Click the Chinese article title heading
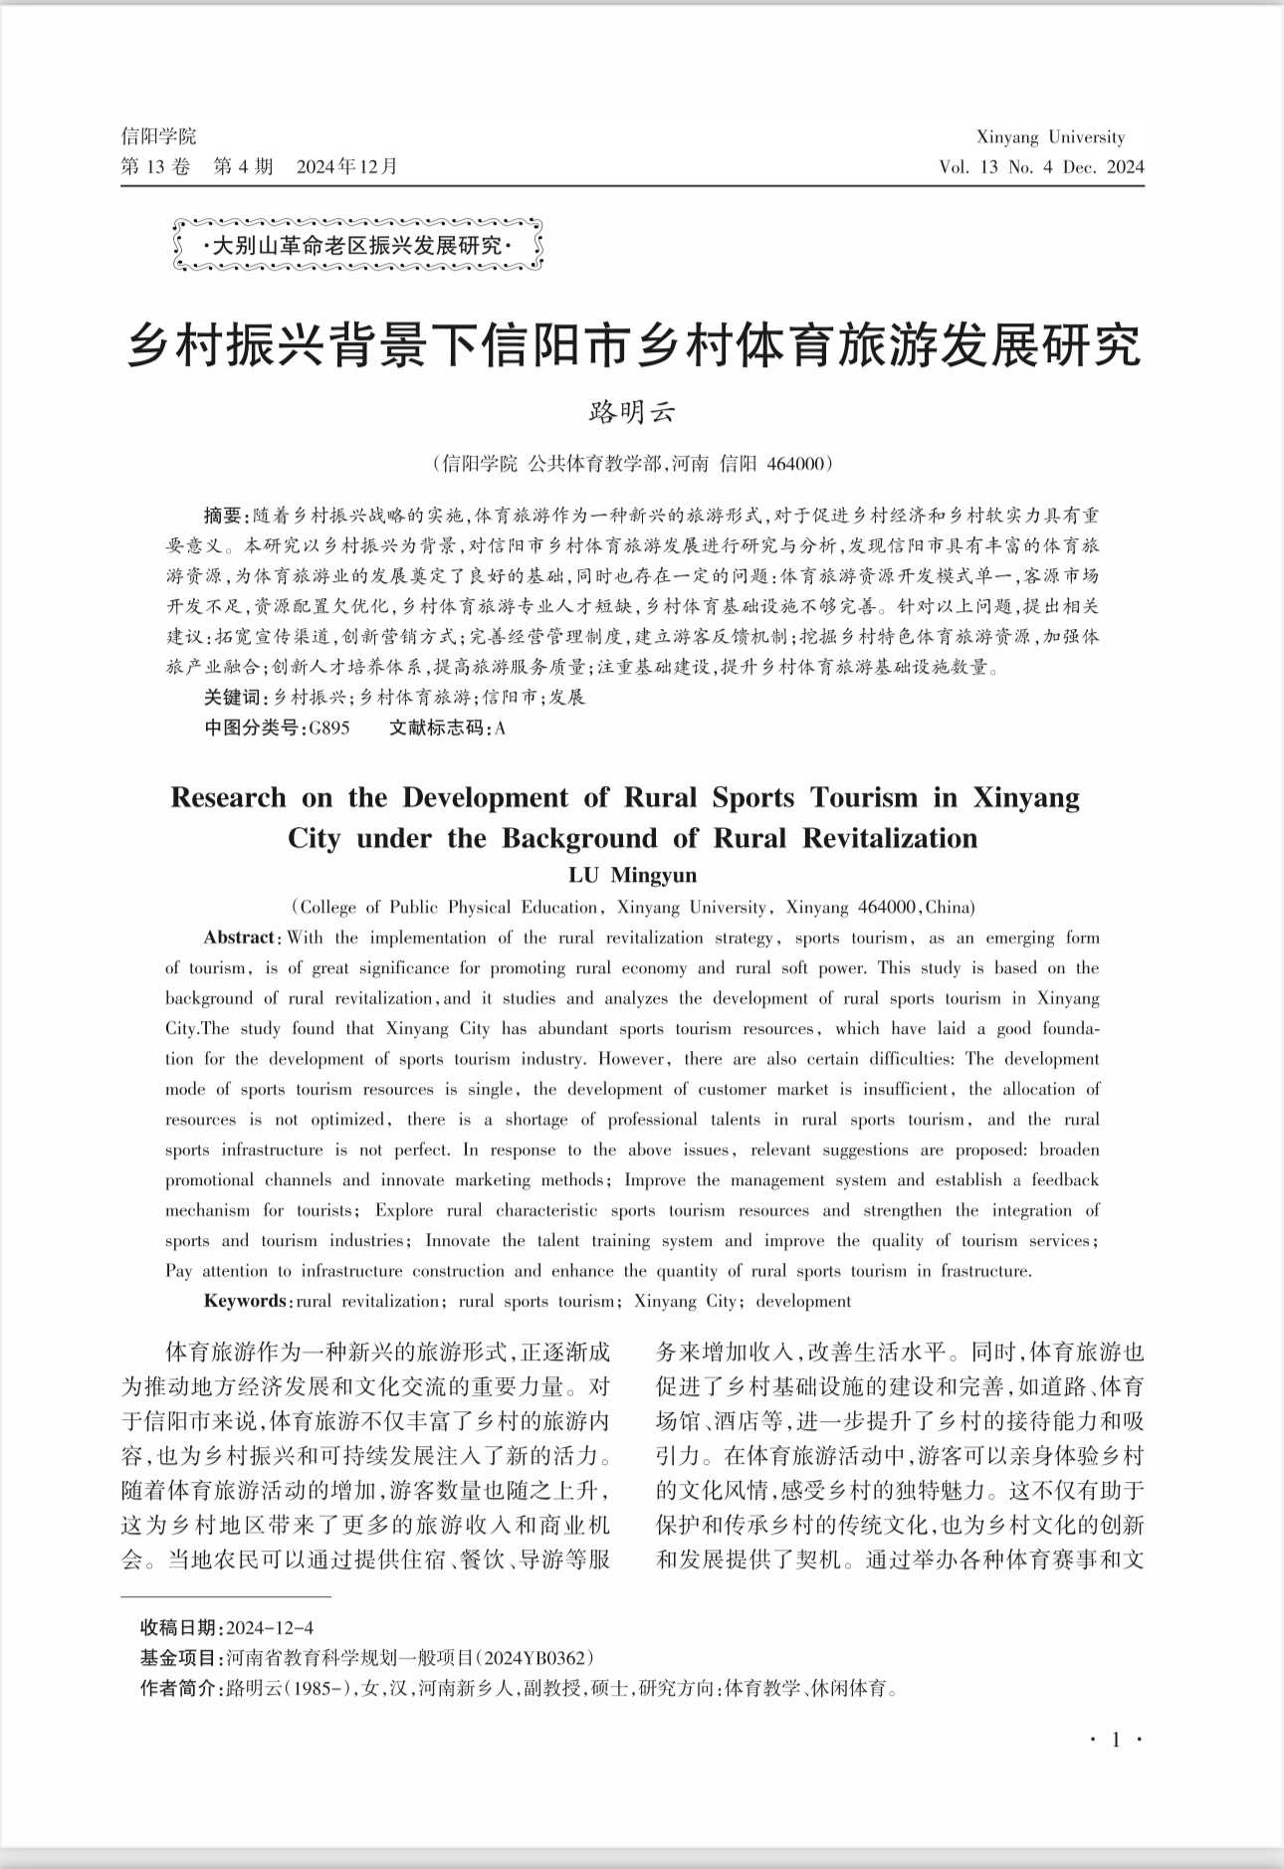pyautogui.click(x=634, y=345)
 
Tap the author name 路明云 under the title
pyautogui.click(x=633, y=412)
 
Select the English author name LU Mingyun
pyautogui.click(x=633, y=876)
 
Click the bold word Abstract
pyautogui.click(x=240, y=937)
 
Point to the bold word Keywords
pyautogui.click(x=245, y=1301)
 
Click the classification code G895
pyautogui.click(x=329, y=727)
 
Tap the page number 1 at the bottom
pyautogui.click(x=1116, y=1740)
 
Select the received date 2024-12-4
pyautogui.click(x=271, y=1628)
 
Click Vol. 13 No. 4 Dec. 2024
pyautogui.click(x=1041, y=167)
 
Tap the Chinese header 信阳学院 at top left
pyautogui.click(x=158, y=136)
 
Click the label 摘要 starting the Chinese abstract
pyautogui.click(x=223, y=516)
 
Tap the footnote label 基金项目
pyautogui.click(x=180, y=1658)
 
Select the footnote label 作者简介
pyautogui.click(x=180, y=1689)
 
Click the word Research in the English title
pyautogui.click(x=228, y=797)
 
